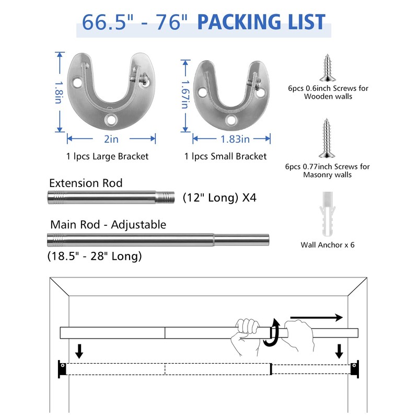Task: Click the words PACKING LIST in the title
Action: [x=261, y=22]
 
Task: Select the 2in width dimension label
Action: [x=111, y=139]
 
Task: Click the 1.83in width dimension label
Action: [x=231, y=139]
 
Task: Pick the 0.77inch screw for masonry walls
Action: [x=327, y=138]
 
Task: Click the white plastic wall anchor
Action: [x=327, y=214]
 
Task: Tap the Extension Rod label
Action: [x=86, y=183]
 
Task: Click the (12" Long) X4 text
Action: [x=219, y=198]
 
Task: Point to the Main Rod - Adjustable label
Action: [x=108, y=225]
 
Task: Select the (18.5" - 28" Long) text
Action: [x=94, y=257]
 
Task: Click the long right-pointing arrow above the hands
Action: [x=316, y=317]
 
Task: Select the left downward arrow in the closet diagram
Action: [x=79, y=350]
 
